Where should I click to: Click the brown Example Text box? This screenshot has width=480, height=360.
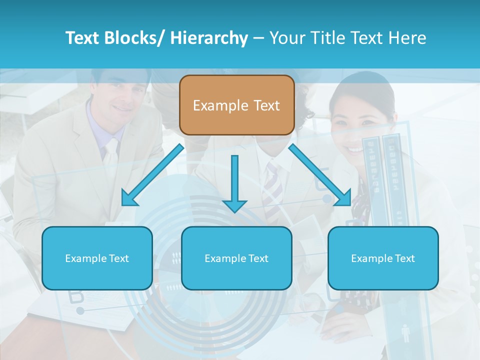coord(236,105)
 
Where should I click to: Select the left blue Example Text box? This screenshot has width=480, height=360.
coord(97,258)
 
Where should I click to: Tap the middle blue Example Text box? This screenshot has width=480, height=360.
coord(236,258)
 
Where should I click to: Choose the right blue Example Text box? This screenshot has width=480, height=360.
coord(383,258)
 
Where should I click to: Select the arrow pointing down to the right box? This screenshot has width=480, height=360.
coord(320,175)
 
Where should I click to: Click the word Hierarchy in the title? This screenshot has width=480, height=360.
coord(209,38)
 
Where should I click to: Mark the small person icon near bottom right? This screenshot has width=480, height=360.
coord(405,333)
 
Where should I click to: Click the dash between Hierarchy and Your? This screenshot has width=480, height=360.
coord(258,38)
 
